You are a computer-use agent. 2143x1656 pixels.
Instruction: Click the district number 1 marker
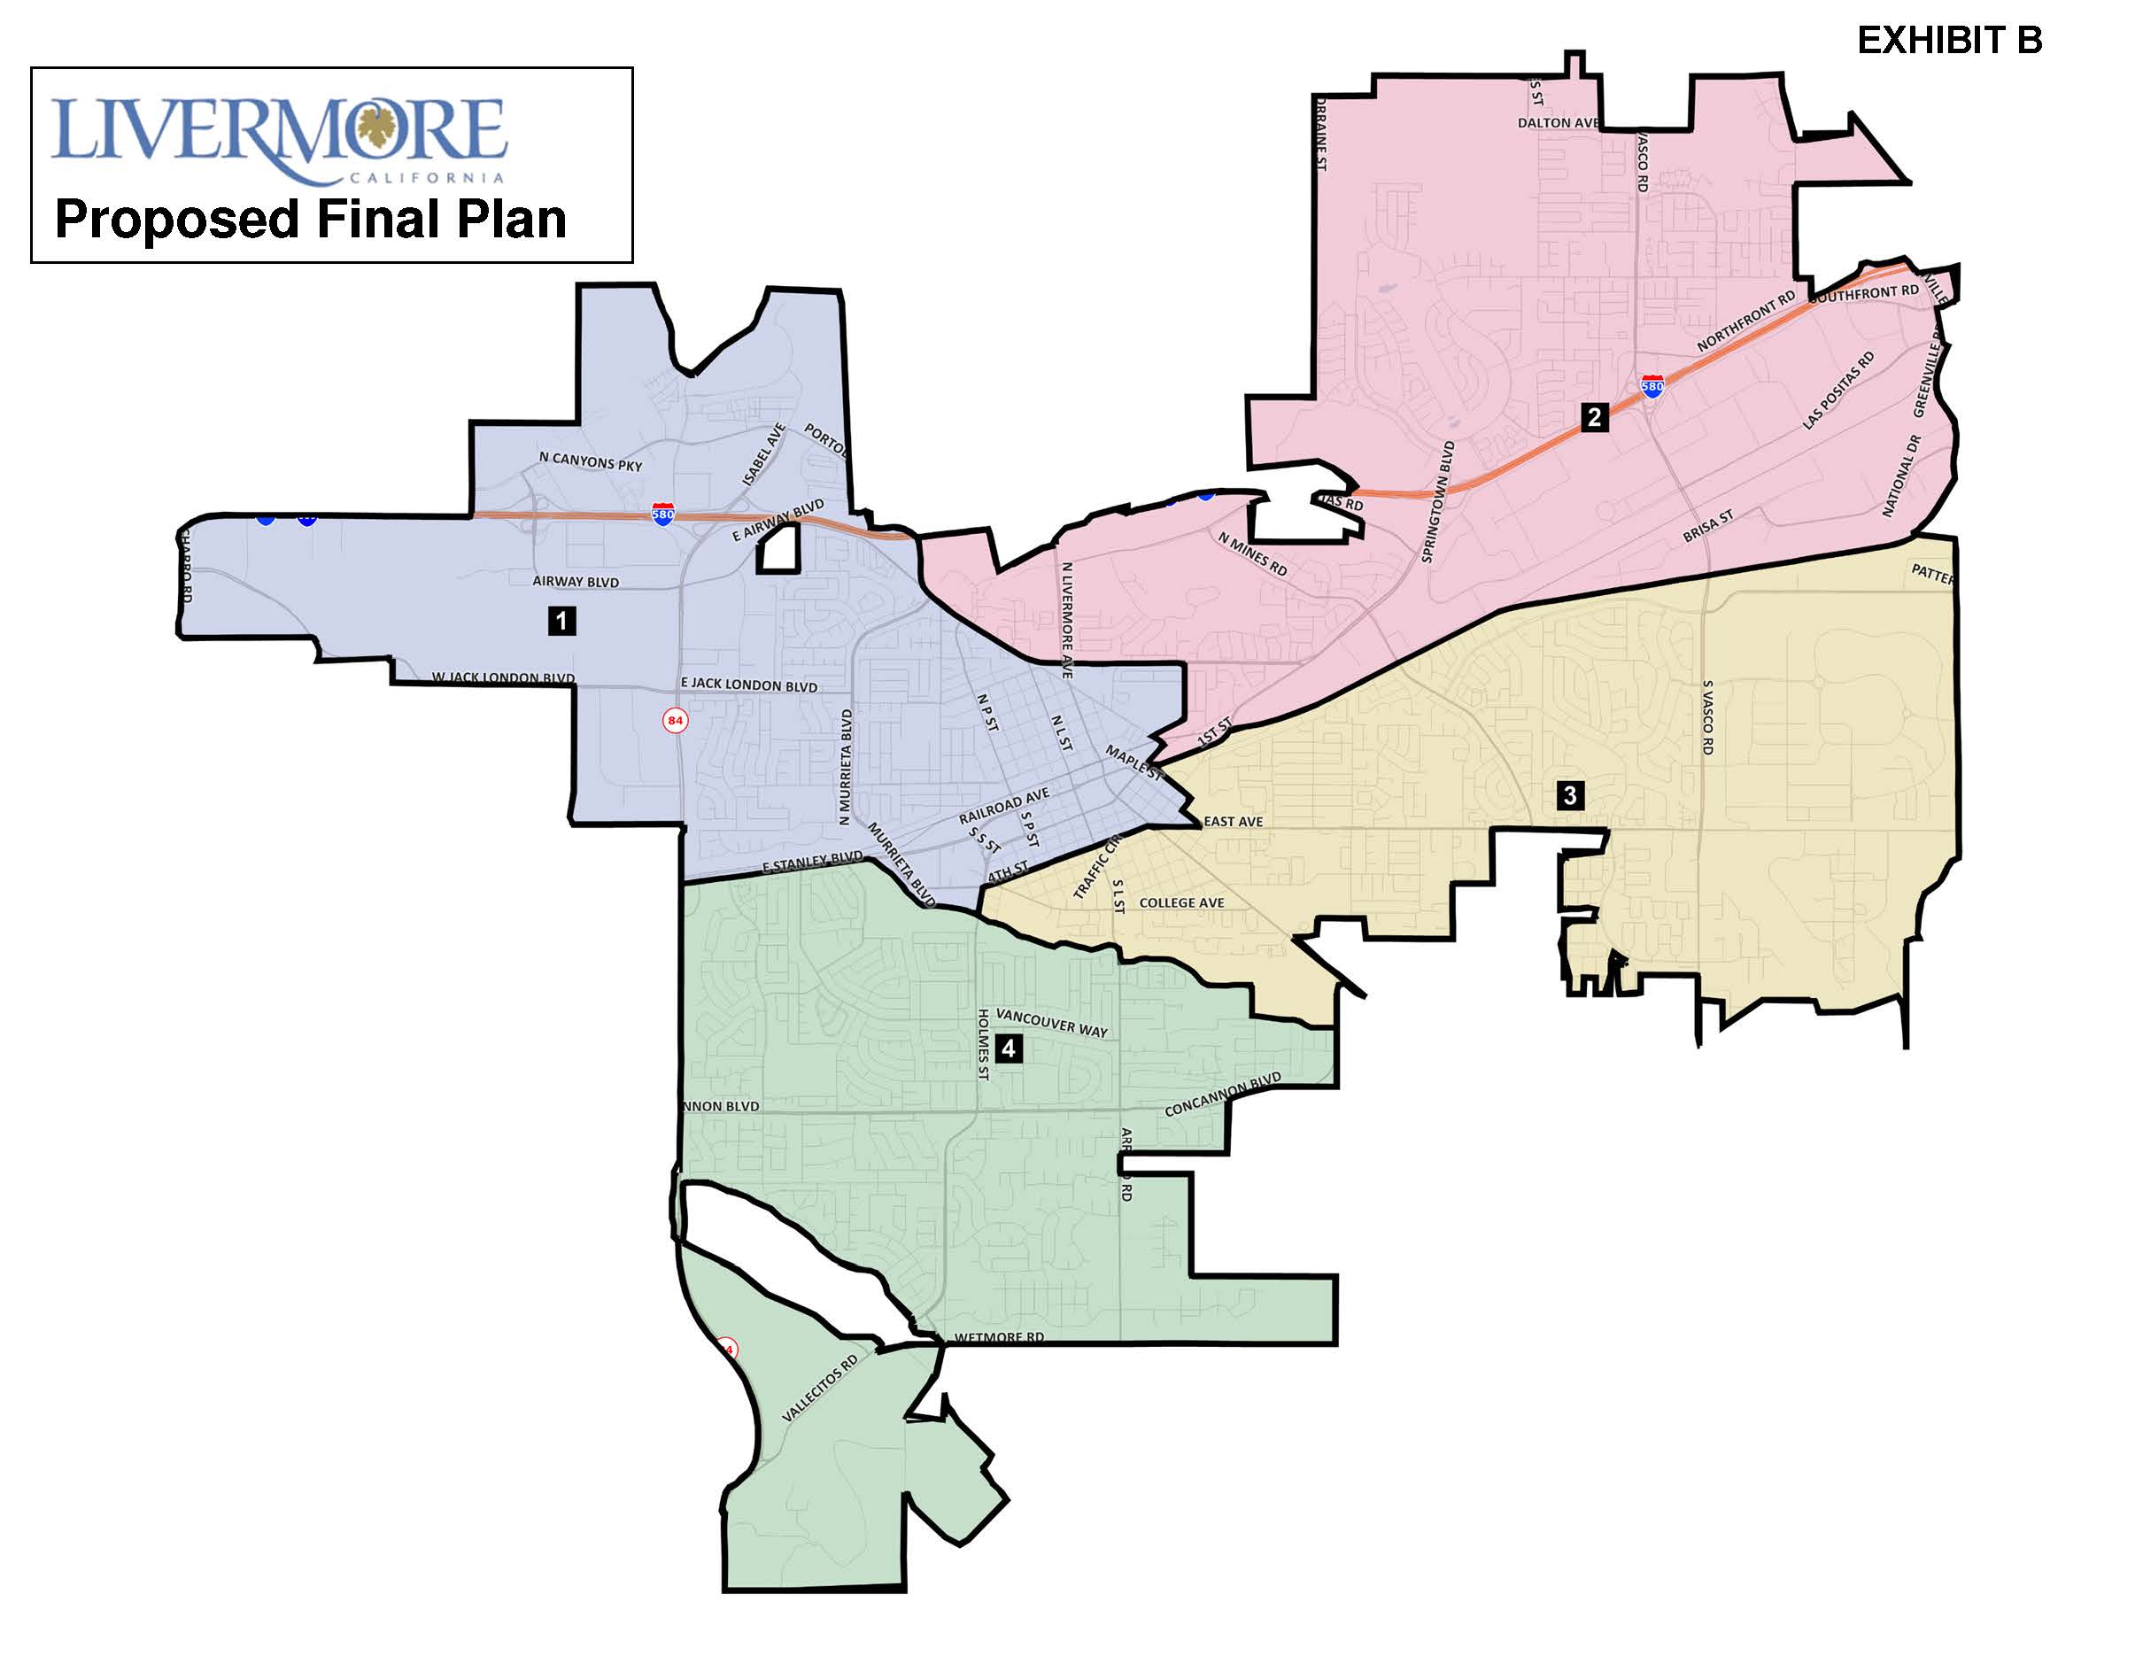coord(561,620)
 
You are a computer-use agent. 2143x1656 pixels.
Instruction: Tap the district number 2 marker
coord(1593,417)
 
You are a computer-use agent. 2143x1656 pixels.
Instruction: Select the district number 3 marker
coord(1569,794)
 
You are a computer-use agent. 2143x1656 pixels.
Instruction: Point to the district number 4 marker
coord(1008,1049)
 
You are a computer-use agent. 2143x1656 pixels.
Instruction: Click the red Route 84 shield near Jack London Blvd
coord(675,720)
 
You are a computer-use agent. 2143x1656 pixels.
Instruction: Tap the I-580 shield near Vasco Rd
coord(1652,384)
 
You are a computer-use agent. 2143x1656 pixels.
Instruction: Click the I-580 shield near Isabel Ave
coord(663,514)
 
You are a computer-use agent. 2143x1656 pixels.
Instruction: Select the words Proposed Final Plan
coord(310,219)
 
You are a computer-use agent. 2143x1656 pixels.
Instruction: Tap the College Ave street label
coord(1181,902)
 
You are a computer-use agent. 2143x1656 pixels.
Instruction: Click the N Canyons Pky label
coord(590,461)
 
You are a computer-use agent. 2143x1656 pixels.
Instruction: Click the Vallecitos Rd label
coord(819,1389)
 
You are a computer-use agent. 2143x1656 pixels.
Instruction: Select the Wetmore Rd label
coord(999,1337)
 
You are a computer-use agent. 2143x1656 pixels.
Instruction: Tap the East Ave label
coord(1234,821)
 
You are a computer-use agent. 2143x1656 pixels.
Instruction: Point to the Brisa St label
coord(1708,526)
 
